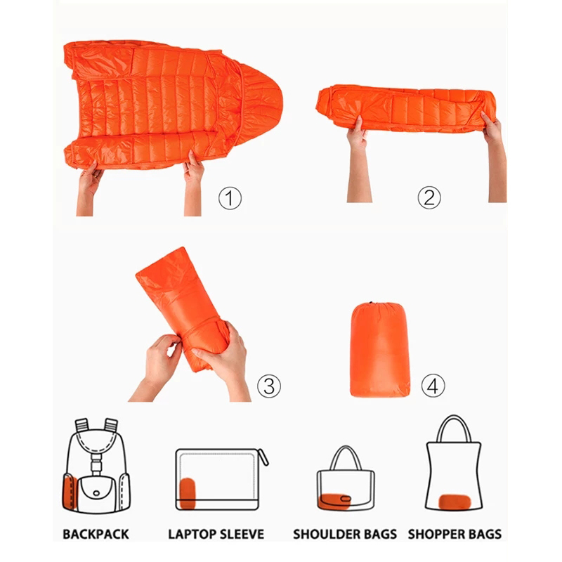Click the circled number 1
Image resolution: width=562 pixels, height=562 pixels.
230,198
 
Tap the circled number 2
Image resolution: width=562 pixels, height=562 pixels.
429,197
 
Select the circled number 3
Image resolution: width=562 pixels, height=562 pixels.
269,386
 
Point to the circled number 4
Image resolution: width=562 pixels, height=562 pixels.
433,386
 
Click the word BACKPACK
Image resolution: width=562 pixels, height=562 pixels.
96,534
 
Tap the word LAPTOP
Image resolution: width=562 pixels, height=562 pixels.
192,534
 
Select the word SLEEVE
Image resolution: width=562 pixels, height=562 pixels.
242,534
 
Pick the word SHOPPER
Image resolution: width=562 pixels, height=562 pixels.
435,534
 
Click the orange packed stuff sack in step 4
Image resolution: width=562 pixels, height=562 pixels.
379,349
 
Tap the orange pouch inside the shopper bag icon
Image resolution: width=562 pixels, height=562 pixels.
455,502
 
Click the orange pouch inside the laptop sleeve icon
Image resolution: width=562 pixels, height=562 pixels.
187,493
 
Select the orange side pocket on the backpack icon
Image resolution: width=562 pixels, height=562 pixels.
69,491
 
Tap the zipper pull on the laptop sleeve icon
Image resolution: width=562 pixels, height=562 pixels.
263,457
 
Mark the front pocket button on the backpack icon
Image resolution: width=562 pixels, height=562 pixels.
96,493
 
